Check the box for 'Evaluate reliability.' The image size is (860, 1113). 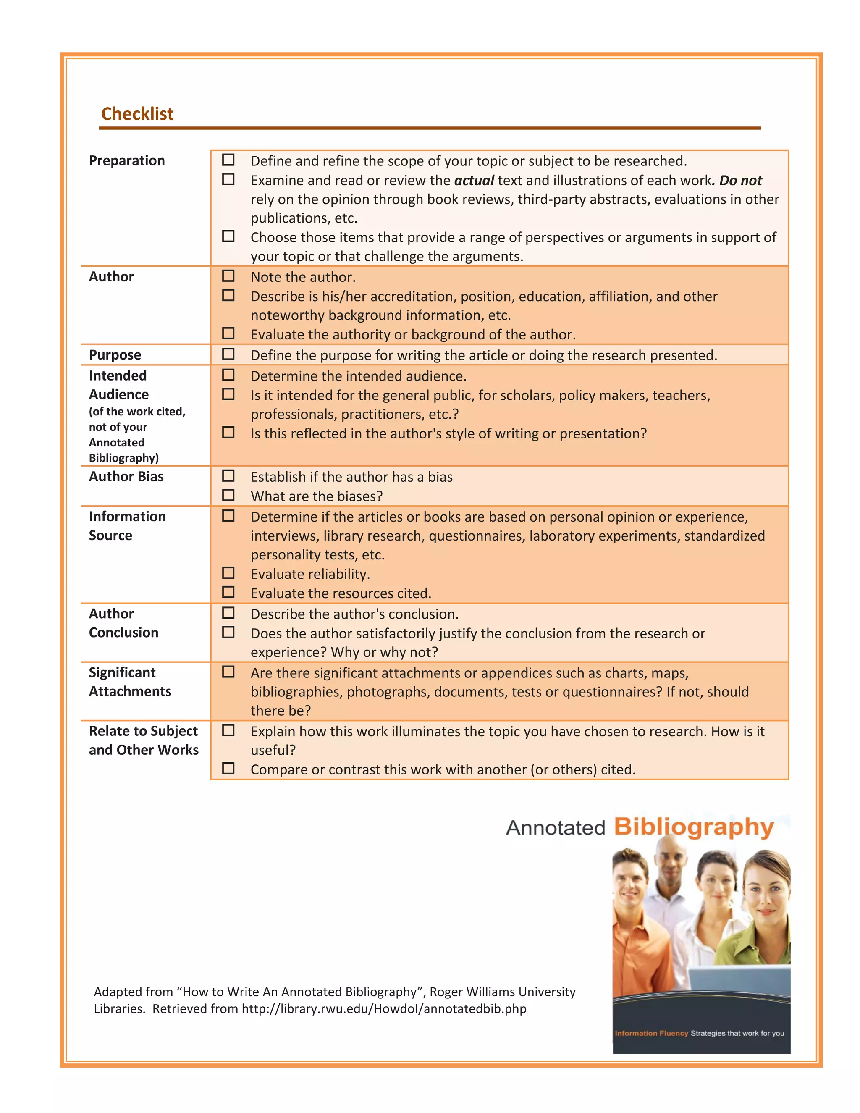tap(228, 573)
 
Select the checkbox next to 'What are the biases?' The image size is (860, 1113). tap(228, 495)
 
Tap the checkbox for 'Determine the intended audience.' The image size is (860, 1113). tap(228, 375)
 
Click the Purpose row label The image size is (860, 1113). tap(115, 355)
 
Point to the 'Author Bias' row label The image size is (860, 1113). tap(126, 477)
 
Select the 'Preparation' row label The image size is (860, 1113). tap(126, 160)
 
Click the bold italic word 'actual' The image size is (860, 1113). tap(474, 181)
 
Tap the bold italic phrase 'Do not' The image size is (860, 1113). tap(740, 181)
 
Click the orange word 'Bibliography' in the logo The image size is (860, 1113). tap(693, 827)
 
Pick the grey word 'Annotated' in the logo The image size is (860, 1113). tap(555, 828)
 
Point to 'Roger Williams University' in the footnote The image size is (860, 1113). tap(502, 992)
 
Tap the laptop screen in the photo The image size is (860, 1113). tap(739, 981)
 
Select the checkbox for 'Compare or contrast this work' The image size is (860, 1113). tap(228, 768)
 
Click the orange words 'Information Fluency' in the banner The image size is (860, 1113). tap(651, 1033)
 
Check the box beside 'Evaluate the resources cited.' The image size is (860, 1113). tap(228, 592)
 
